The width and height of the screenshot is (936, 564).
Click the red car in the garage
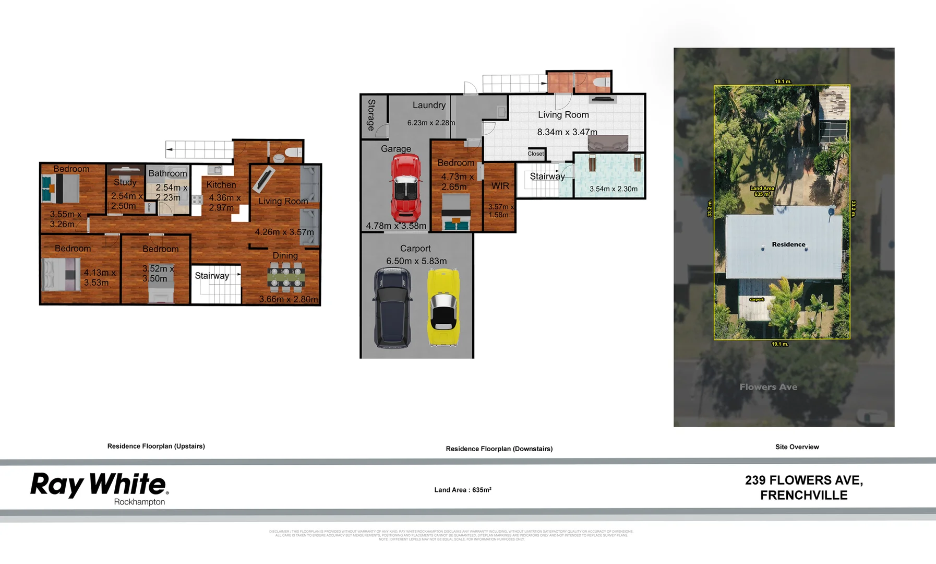coord(406,188)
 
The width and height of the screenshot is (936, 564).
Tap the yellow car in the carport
coord(443,307)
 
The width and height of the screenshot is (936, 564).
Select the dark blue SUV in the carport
coord(392,308)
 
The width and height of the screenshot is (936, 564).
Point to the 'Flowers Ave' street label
coord(768,387)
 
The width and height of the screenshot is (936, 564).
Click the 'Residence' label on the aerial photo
coord(788,244)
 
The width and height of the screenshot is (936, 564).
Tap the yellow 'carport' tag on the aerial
coord(757,300)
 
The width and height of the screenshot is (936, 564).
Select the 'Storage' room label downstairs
coord(371,115)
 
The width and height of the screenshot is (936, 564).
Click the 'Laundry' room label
coord(429,105)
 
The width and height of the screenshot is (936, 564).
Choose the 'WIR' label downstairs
coord(500,186)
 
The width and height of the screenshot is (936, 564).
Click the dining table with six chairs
coord(286,277)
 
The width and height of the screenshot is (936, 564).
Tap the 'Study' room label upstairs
coord(125,182)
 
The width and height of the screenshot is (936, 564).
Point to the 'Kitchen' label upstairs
coord(221,185)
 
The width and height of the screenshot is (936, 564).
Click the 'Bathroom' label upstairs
coord(167,173)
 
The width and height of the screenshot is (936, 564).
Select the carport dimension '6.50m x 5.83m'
coord(416,261)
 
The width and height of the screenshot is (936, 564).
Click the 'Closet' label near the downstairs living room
coord(535,154)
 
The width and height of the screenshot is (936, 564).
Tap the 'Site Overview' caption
coord(797,447)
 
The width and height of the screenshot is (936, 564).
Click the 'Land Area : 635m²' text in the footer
coord(463,490)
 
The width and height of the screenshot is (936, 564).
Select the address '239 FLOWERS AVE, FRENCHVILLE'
coord(803,487)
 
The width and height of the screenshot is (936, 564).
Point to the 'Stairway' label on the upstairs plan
coord(212,276)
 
